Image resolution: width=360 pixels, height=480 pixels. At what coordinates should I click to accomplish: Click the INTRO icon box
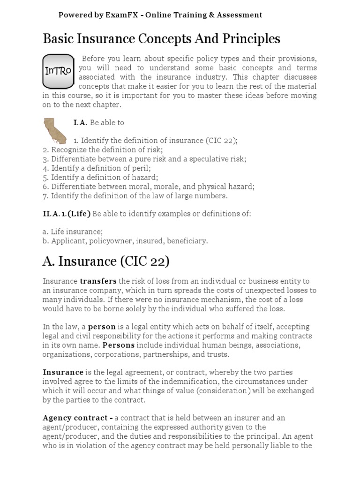(x=58, y=71)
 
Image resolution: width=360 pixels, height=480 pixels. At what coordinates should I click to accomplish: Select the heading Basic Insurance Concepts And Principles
(x=161, y=39)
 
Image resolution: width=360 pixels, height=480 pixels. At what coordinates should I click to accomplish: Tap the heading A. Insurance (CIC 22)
(x=106, y=261)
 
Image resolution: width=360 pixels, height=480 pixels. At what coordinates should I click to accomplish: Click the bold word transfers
(x=98, y=281)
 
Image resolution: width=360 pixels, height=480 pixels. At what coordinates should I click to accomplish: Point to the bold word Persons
(x=119, y=345)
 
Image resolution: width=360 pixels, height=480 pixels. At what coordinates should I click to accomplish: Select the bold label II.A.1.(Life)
(x=67, y=214)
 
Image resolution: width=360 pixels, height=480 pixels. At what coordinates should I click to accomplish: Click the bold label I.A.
(x=80, y=123)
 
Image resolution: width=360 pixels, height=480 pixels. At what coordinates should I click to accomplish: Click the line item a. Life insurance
(x=73, y=232)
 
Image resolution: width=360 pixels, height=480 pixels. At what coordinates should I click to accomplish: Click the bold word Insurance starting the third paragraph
(x=63, y=372)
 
